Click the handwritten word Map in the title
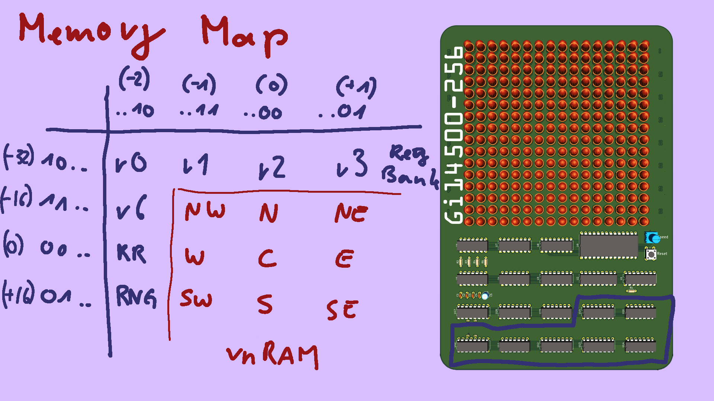244,35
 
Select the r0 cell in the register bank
131,163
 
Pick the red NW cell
205,212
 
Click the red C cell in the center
267,258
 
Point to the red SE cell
342,310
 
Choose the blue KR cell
131,254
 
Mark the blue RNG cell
136,297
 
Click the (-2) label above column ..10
134,79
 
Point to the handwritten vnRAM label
272,355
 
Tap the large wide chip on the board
608,245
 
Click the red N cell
268,213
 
